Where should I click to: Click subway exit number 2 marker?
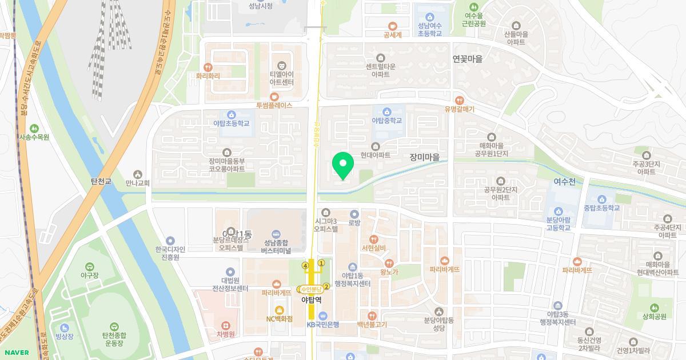326,286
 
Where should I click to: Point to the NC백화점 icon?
280,309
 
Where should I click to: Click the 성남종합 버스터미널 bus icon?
276,234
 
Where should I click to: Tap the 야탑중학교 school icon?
387,111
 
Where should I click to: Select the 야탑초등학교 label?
231,123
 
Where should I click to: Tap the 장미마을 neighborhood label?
428,157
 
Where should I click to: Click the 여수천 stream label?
564,182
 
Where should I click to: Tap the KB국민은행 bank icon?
323,315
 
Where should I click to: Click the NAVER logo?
15,353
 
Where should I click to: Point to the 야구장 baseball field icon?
89,266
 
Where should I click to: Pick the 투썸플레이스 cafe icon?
274,96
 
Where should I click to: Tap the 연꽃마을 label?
467,59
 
